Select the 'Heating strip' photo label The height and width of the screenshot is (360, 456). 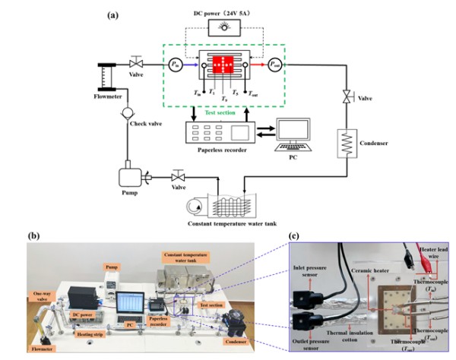(90, 333)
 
